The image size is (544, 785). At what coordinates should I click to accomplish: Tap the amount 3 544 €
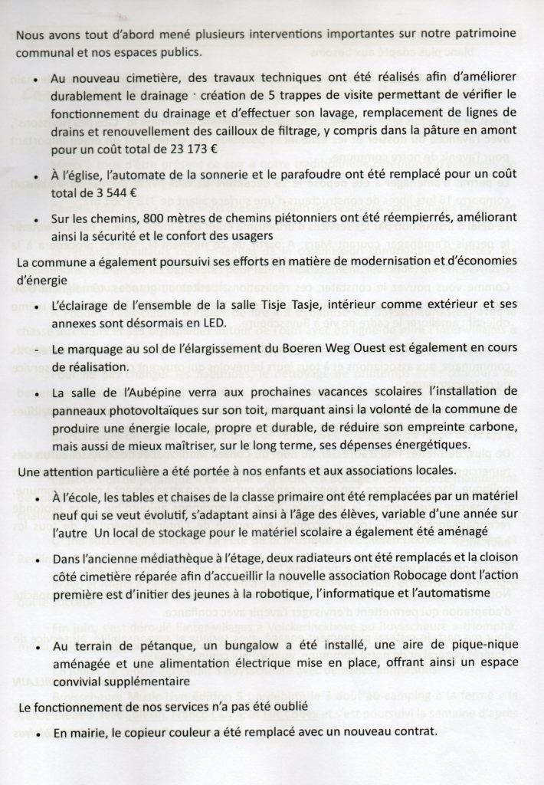110,192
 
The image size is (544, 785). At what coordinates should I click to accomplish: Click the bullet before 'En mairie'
39,734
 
